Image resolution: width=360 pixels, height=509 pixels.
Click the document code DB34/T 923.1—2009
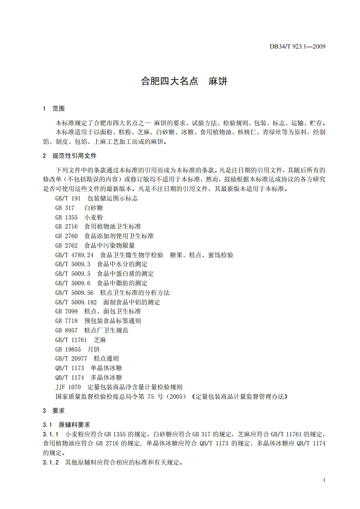point(297,46)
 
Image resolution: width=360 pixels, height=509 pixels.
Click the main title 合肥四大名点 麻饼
point(184,82)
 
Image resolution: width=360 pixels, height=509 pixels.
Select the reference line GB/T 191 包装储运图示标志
point(96,198)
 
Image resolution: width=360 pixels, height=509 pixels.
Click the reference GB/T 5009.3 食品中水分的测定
point(101,264)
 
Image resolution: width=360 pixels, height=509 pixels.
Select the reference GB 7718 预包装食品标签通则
point(98,321)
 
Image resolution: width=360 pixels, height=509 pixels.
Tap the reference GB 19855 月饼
point(77,349)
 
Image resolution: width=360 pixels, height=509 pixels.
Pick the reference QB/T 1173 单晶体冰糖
point(89,368)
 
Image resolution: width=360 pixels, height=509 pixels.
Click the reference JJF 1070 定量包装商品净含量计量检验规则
point(118,387)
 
